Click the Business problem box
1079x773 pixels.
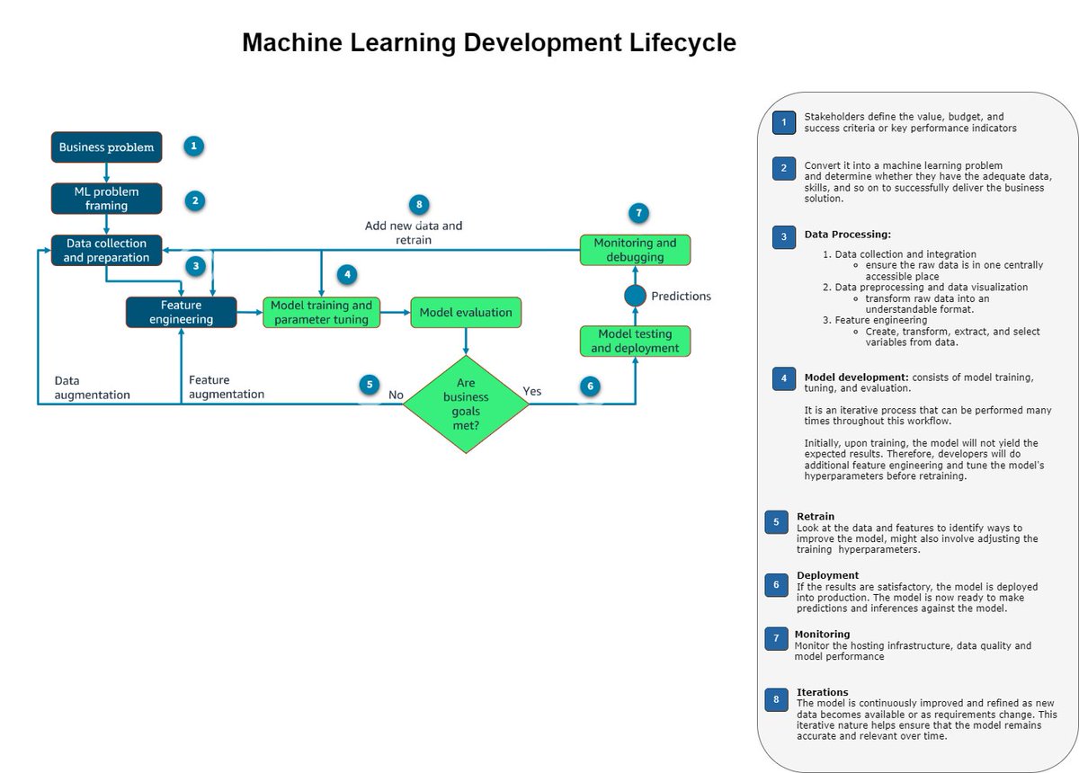point(106,147)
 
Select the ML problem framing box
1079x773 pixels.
point(106,199)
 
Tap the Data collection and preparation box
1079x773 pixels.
point(106,250)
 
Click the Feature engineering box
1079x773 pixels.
point(181,312)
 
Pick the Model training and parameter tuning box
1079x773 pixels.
point(321,312)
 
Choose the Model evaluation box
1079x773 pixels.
point(466,312)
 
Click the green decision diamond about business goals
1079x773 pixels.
point(466,404)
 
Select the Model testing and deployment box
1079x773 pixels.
point(636,341)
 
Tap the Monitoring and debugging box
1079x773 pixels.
point(635,250)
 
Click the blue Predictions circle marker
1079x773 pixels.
point(636,296)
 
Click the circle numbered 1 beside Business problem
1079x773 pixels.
point(194,146)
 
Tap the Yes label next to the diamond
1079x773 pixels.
point(532,391)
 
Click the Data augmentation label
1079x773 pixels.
point(92,387)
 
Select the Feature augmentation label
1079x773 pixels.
point(227,386)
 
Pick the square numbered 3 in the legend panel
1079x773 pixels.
point(783,237)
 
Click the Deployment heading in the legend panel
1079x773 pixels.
point(827,575)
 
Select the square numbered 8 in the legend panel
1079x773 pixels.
point(776,699)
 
